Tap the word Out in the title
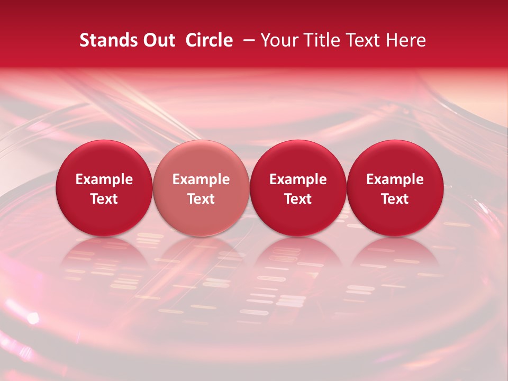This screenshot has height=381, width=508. [x=158, y=41]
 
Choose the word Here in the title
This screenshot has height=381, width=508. [x=406, y=41]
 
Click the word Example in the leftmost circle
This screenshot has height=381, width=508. [x=104, y=179]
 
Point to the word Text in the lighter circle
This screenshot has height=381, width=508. [x=201, y=199]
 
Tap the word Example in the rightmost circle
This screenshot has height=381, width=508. [x=395, y=179]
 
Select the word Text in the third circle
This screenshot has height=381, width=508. [x=298, y=199]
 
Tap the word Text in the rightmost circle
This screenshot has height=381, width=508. [x=395, y=199]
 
